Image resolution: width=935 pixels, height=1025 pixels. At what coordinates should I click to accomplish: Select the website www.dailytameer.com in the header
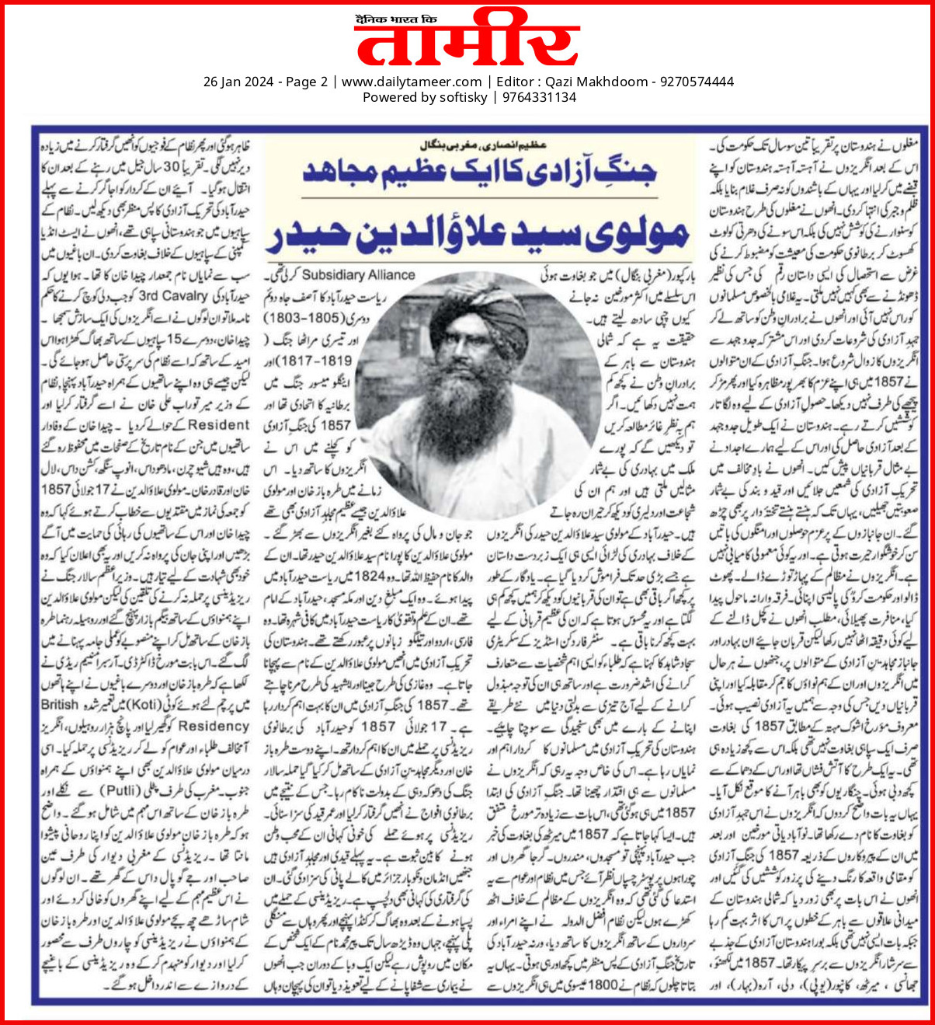(412, 82)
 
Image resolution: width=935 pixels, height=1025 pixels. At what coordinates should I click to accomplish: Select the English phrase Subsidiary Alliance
(358, 275)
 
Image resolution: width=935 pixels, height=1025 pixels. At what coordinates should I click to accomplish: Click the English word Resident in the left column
(219, 425)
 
